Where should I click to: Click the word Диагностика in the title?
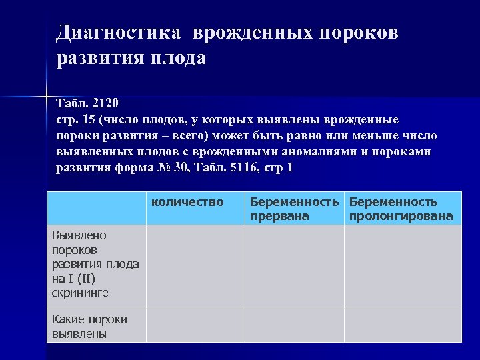pos(118,33)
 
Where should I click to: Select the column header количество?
pos(187,201)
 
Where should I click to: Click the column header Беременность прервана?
pos(294,209)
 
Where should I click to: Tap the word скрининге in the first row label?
pos(79,293)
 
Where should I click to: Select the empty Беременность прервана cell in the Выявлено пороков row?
pos(294,266)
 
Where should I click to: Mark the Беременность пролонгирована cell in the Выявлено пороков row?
pos(402,266)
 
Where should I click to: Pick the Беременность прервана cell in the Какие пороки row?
pos(294,325)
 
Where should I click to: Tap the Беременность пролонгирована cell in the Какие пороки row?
pos(402,325)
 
